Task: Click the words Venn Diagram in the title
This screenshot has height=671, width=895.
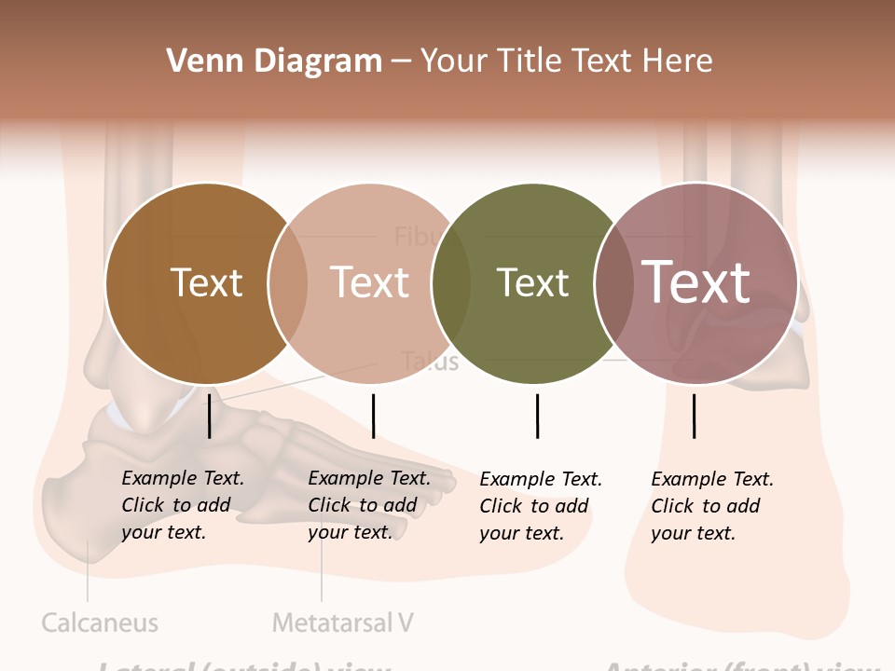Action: pyautogui.click(x=274, y=62)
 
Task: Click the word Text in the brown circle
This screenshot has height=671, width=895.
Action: pyautogui.click(x=206, y=282)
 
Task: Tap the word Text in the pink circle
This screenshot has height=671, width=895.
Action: pyautogui.click(x=370, y=282)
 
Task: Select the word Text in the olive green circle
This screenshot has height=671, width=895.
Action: pyautogui.click(x=532, y=282)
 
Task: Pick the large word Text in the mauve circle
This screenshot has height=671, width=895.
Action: pyautogui.click(x=696, y=282)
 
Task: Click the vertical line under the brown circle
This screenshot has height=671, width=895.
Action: pyautogui.click(x=210, y=416)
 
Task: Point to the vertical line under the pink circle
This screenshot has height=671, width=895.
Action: pyautogui.click(x=373, y=416)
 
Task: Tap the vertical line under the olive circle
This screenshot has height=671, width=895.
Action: pyautogui.click(x=537, y=416)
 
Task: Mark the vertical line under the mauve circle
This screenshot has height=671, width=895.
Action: pyautogui.click(x=694, y=416)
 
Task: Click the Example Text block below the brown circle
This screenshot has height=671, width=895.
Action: pyautogui.click(x=182, y=505)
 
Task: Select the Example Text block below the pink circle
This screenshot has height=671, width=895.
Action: pyautogui.click(x=368, y=505)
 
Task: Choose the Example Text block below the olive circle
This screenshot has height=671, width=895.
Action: pyautogui.click(x=540, y=506)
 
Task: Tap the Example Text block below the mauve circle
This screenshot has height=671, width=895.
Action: pyautogui.click(x=711, y=506)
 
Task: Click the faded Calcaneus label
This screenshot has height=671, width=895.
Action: pyautogui.click(x=100, y=623)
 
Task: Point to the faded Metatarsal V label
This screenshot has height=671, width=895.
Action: pyautogui.click(x=342, y=623)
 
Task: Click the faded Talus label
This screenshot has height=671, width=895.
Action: pyautogui.click(x=430, y=362)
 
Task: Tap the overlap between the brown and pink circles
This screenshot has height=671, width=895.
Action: pyautogui.click(x=287, y=282)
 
